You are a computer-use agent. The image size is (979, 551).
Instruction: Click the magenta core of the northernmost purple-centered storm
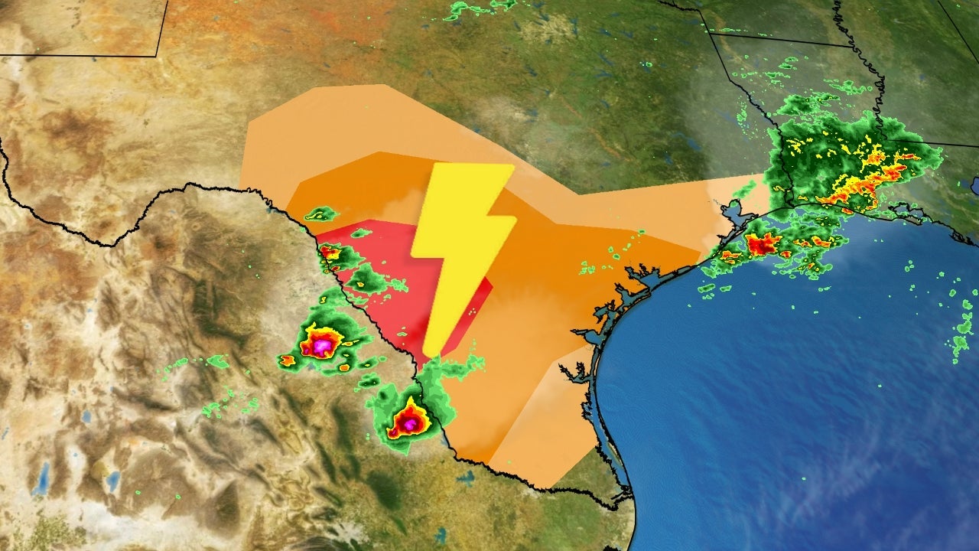tap(321, 346)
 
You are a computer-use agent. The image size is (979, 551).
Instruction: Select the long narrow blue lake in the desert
tap(41, 478)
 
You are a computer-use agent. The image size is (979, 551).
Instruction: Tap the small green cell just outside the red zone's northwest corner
tap(321, 214)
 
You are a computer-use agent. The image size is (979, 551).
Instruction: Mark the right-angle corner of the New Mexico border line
tap(157, 55)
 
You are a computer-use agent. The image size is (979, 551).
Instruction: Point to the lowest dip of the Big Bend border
tap(115, 243)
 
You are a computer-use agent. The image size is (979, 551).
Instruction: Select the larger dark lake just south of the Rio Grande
tap(466, 479)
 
